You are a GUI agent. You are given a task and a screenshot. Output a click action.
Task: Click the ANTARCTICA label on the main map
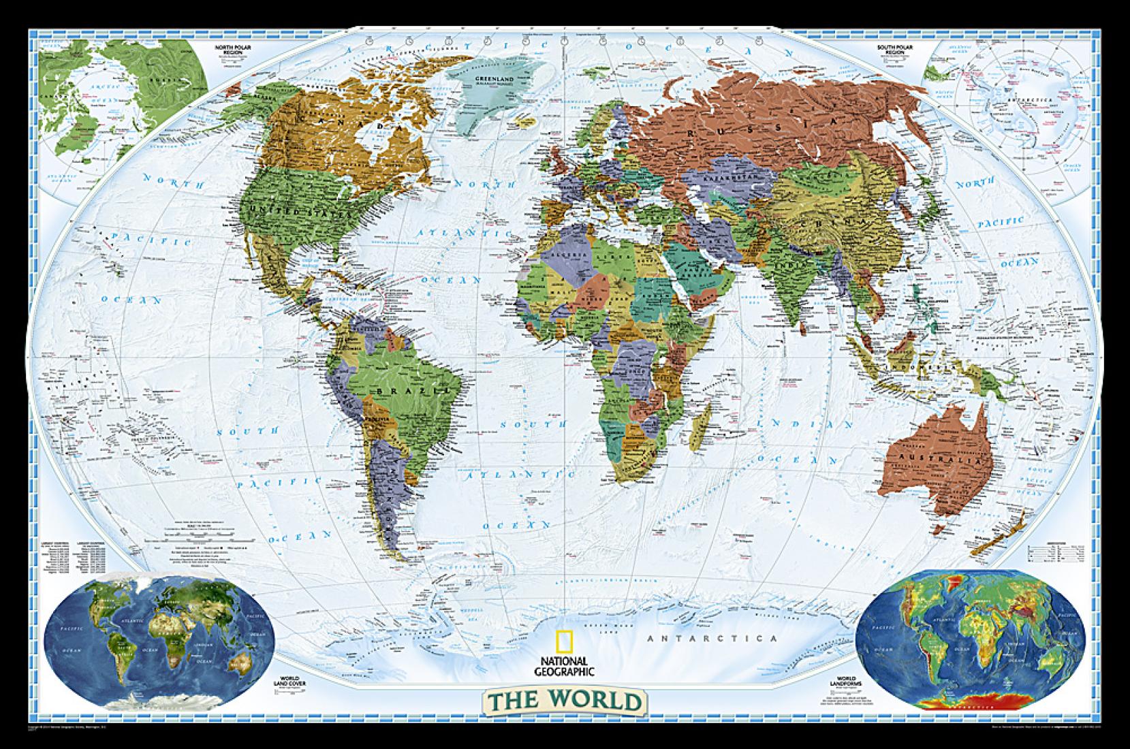coord(712,638)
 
